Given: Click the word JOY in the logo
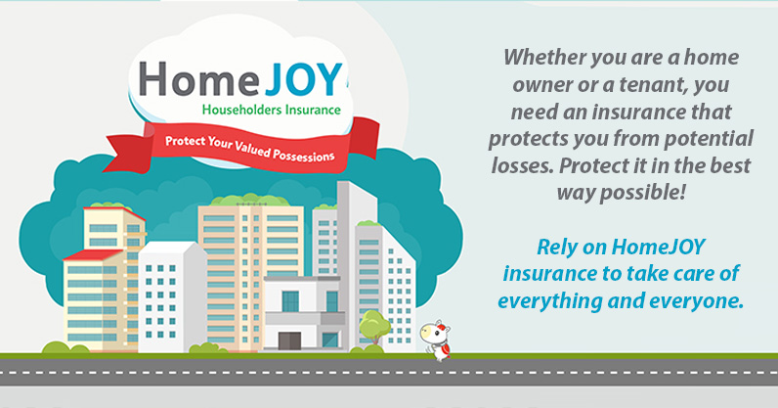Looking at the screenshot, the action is click(303, 79).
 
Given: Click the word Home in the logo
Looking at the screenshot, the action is click(199, 78).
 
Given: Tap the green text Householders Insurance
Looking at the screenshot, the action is click(272, 110).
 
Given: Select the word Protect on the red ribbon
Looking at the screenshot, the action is click(185, 142).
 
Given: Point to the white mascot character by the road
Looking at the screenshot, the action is click(436, 340).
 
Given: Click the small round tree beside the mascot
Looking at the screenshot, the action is click(374, 327).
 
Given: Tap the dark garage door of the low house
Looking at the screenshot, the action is click(289, 340).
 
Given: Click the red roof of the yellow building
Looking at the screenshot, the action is click(93, 255).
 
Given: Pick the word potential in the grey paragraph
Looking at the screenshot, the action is click(709, 139).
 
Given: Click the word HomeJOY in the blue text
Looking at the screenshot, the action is click(658, 247).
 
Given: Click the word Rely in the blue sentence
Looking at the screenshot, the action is click(555, 248).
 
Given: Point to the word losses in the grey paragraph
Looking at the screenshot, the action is click(522, 166).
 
